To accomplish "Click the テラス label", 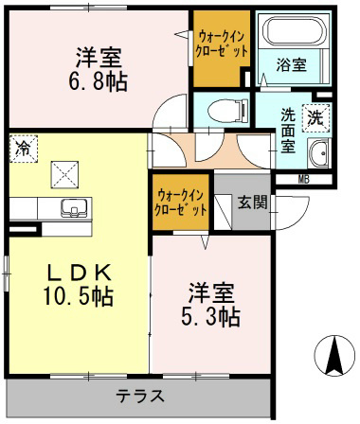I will (x=140, y=396).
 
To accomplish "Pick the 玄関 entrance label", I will (x=251, y=201).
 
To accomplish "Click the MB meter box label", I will (x=304, y=179).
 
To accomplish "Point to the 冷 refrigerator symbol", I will (x=22, y=147).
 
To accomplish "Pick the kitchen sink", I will (x=69, y=206).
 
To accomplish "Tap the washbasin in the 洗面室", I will (x=317, y=151).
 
